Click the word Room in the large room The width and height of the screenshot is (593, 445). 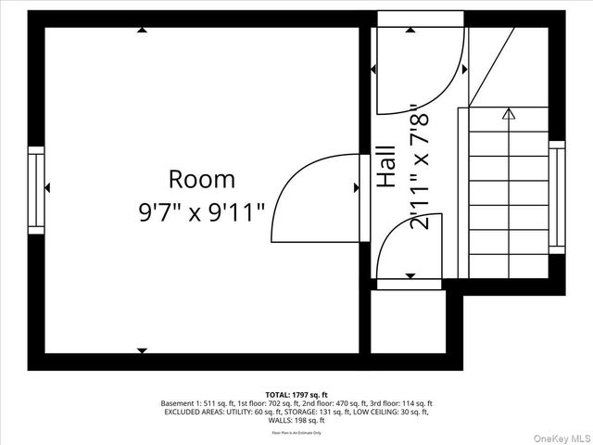pos(201,179)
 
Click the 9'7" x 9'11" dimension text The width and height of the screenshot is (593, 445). pos(201,211)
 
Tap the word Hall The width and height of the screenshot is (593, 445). pos(386,168)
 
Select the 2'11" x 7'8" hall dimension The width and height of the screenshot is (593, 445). pos(420,168)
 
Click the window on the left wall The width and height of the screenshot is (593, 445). pos(36,190)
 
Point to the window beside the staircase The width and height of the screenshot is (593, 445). pos(556,197)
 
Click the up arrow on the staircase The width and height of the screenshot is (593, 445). pos(508,114)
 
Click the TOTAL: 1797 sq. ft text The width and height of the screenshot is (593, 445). pos(296,394)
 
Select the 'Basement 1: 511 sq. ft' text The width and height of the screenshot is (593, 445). pos(197,403)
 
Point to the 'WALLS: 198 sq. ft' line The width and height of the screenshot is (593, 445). pos(296,420)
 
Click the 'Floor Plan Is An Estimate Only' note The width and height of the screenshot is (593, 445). pos(296,432)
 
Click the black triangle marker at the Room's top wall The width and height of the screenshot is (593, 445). pos(142,31)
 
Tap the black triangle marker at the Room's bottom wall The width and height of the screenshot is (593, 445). pos(142,350)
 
